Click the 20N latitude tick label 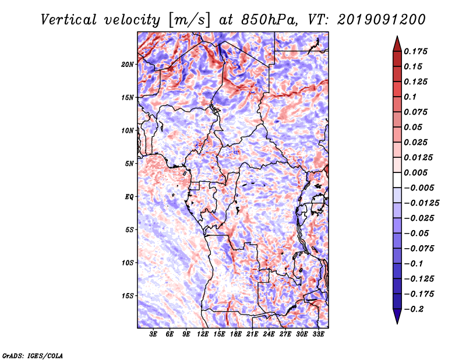pos(128,64)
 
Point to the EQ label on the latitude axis pos(129,197)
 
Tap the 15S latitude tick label pos(128,296)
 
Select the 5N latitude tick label pos(130,164)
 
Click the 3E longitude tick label pos(154,335)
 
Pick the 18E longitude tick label pos(235,335)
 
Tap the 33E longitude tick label pos(317,335)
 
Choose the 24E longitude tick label pos(269,335)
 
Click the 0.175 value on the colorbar pos(417,51)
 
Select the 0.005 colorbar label pos(417,172)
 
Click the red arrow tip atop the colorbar pos(397,41)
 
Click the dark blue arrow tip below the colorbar pos(397,319)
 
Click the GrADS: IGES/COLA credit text pos(32,355)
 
